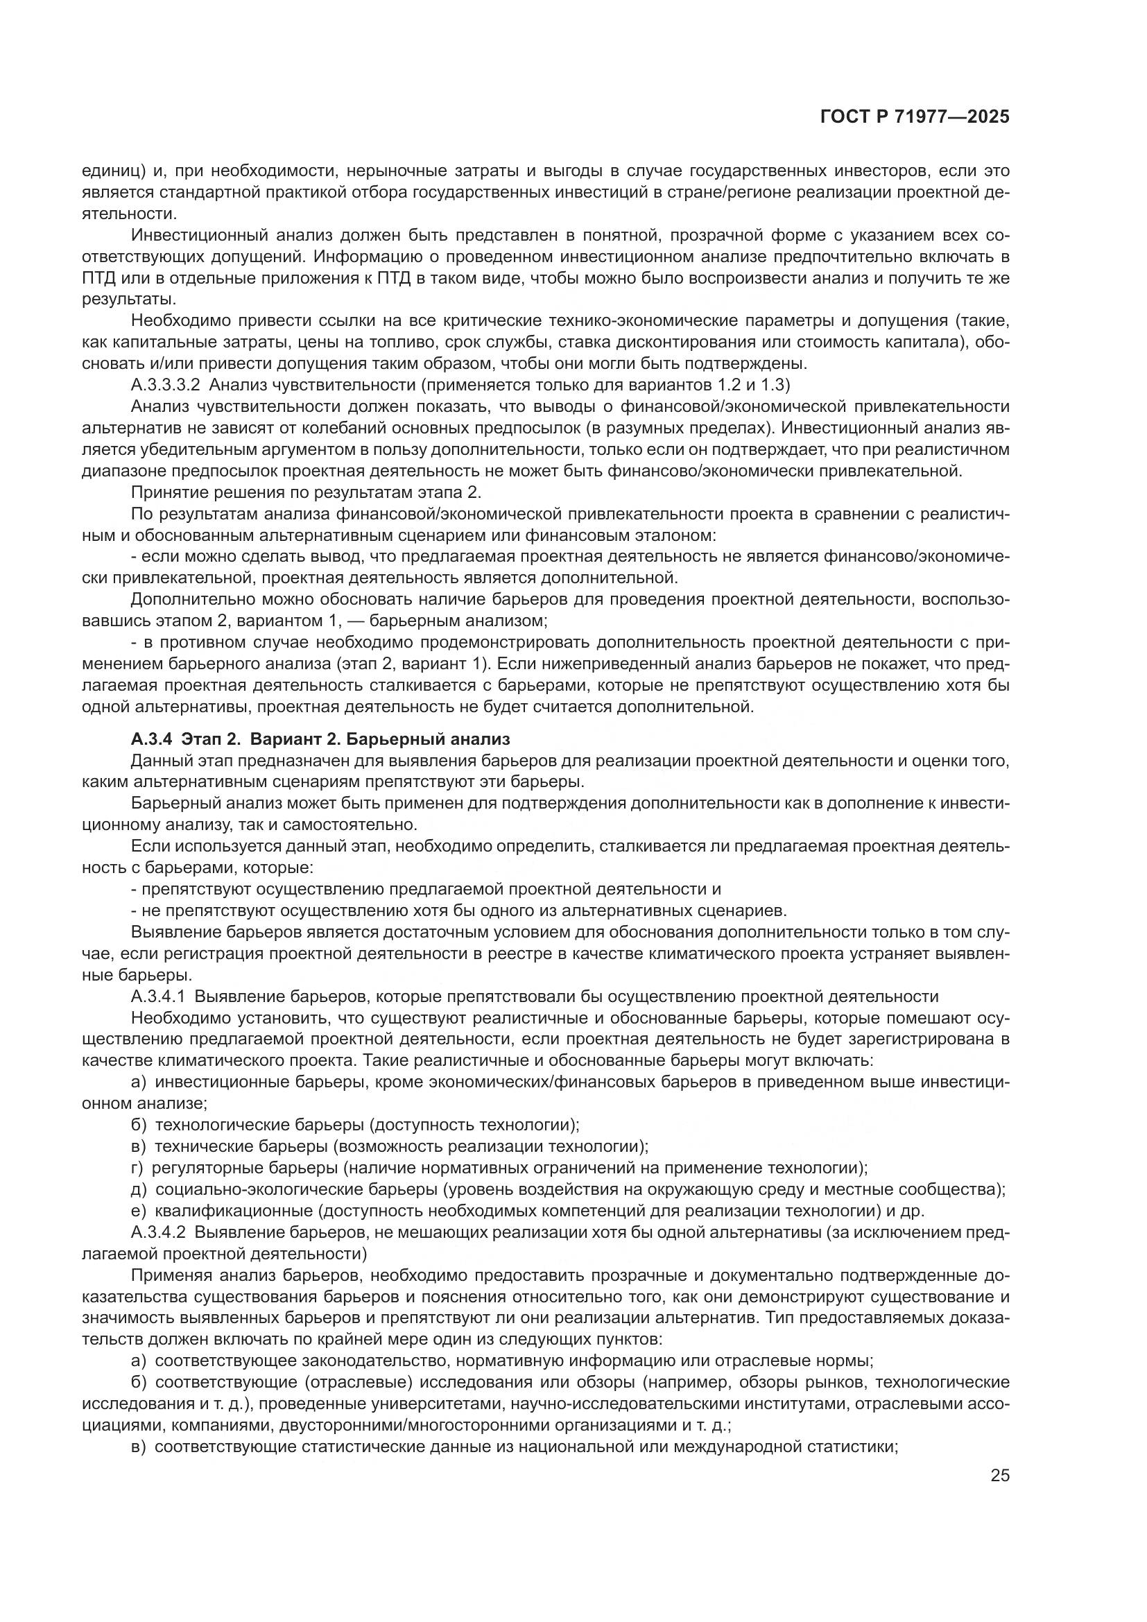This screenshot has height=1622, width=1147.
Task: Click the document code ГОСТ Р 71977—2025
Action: pyautogui.click(x=915, y=117)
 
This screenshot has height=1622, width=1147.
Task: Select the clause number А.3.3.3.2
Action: pyautogui.click(x=166, y=386)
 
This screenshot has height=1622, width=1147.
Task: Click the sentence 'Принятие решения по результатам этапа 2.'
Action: pyautogui.click(x=307, y=492)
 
